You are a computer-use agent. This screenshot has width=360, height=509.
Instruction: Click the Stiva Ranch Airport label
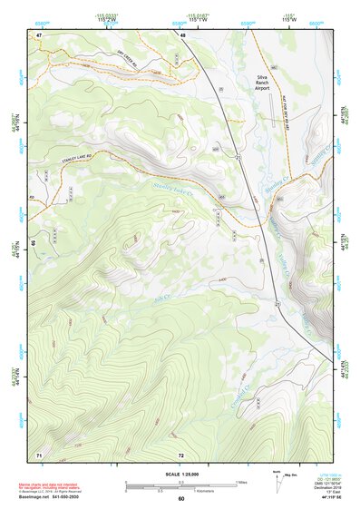pyautogui.click(x=264, y=83)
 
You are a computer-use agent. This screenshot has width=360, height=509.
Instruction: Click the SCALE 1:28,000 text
pyautogui.click(x=180, y=475)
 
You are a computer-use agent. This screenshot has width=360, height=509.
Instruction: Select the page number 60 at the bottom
pyautogui.click(x=180, y=499)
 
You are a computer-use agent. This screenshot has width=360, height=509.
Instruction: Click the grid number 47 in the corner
pyautogui.click(x=39, y=34)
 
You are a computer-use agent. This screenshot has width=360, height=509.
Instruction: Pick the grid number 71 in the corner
pyautogui.click(x=39, y=453)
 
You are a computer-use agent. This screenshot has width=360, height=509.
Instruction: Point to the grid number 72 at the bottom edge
pyautogui.click(x=181, y=453)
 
